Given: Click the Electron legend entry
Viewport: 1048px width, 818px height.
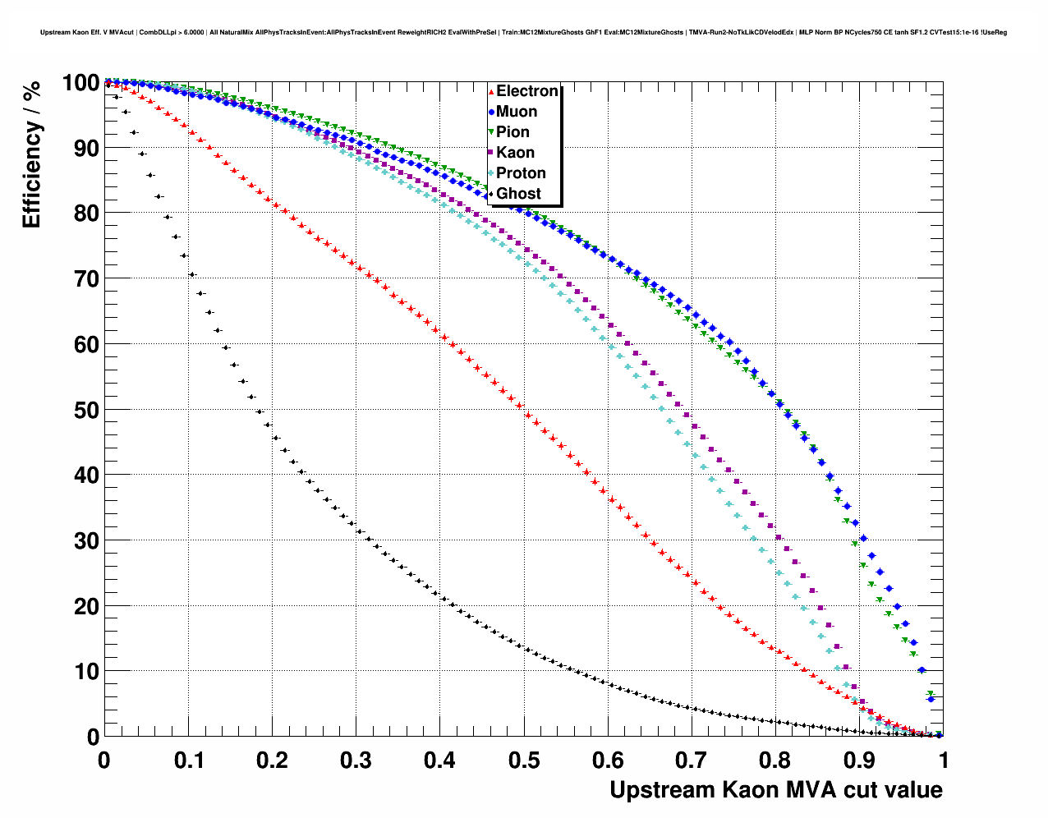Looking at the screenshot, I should (526, 91).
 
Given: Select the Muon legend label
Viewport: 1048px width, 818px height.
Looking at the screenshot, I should (517, 112).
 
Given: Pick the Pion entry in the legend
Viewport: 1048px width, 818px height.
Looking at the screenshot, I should (513, 132).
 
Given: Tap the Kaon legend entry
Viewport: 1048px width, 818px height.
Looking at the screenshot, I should (515, 153).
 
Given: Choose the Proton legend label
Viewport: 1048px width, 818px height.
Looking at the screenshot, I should (521, 173).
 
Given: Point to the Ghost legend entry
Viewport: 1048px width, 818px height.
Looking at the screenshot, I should (518, 194).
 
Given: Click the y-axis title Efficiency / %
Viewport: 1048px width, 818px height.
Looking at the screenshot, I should (31, 155).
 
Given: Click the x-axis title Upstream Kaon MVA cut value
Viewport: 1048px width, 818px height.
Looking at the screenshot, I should (775, 790).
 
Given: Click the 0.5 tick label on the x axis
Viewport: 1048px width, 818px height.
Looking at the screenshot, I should (524, 761).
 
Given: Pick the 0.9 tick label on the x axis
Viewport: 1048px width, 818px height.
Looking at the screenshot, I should (860, 761).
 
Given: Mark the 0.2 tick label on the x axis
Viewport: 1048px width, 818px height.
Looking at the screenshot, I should (272, 761).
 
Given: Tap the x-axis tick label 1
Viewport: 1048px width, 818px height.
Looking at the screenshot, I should (944, 761).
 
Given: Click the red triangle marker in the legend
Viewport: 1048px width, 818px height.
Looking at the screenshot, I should (491, 92).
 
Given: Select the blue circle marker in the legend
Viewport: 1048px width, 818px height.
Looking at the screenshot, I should (491, 112).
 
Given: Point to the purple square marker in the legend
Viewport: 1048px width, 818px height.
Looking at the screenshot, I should (491, 153).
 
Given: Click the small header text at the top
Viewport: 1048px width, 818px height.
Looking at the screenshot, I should (523, 33).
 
